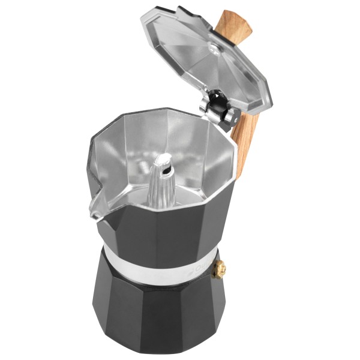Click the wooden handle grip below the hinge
coord(245,141)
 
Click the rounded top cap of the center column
coord(164,157)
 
